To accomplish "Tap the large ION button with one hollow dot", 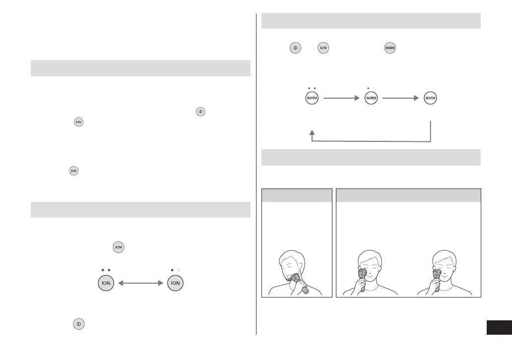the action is [x=175, y=283].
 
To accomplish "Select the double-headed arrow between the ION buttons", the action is [x=141, y=283].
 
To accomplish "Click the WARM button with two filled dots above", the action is [x=312, y=98].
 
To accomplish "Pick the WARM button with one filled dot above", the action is [x=371, y=98].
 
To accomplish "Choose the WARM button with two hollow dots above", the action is [x=431, y=98].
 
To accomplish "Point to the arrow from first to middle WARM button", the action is [x=341, y=98].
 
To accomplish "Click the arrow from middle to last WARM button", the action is [x=401, y=98].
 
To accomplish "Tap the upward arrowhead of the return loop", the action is [x=312, y=132].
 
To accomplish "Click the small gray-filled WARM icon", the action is [x=390, y=48].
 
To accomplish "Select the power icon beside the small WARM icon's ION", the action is [x=295, y=48].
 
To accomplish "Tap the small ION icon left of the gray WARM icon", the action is [x=323, y=48].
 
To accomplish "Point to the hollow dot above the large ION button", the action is [x=179, y=270].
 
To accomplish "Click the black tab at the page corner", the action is [x=499, y=327].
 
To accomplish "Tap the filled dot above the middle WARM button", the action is [x=368, y=88].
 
